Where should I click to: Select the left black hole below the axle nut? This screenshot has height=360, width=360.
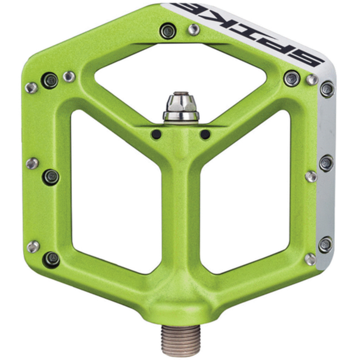(x=156, y=135)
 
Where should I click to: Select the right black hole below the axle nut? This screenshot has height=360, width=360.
(x=205, y=135)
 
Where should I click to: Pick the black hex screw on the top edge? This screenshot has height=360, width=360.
(x=167, y=31)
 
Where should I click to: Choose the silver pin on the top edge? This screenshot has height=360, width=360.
(x=193, y=30)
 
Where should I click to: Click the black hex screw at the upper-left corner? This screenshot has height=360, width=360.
(x=50, y=80)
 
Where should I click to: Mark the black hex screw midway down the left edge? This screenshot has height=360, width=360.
(x=51, y=177)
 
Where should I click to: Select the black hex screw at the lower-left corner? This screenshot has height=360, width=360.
(x=52, y=258)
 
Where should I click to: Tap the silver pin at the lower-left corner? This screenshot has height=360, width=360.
(x=33, y=247)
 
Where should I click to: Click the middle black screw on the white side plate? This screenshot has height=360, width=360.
(x=327, y=163)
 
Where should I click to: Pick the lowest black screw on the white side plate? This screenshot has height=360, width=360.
(x=325, y=244)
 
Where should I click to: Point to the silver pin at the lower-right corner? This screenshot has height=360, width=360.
(x=310, y=259)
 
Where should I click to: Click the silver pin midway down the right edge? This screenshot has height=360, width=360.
(x=311, y=177)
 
